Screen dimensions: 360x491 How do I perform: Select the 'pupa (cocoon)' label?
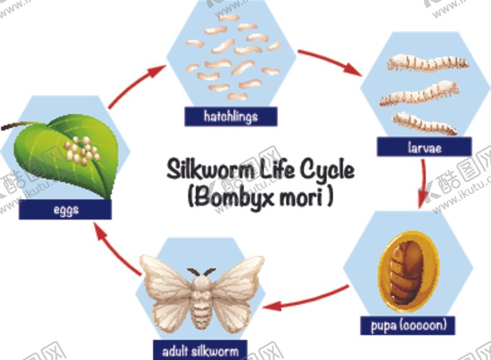[x=408, y=325]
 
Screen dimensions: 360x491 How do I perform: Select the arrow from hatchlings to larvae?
[x=331, y=63]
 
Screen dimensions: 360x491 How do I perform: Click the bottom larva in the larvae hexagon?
[x=425, y=123]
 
